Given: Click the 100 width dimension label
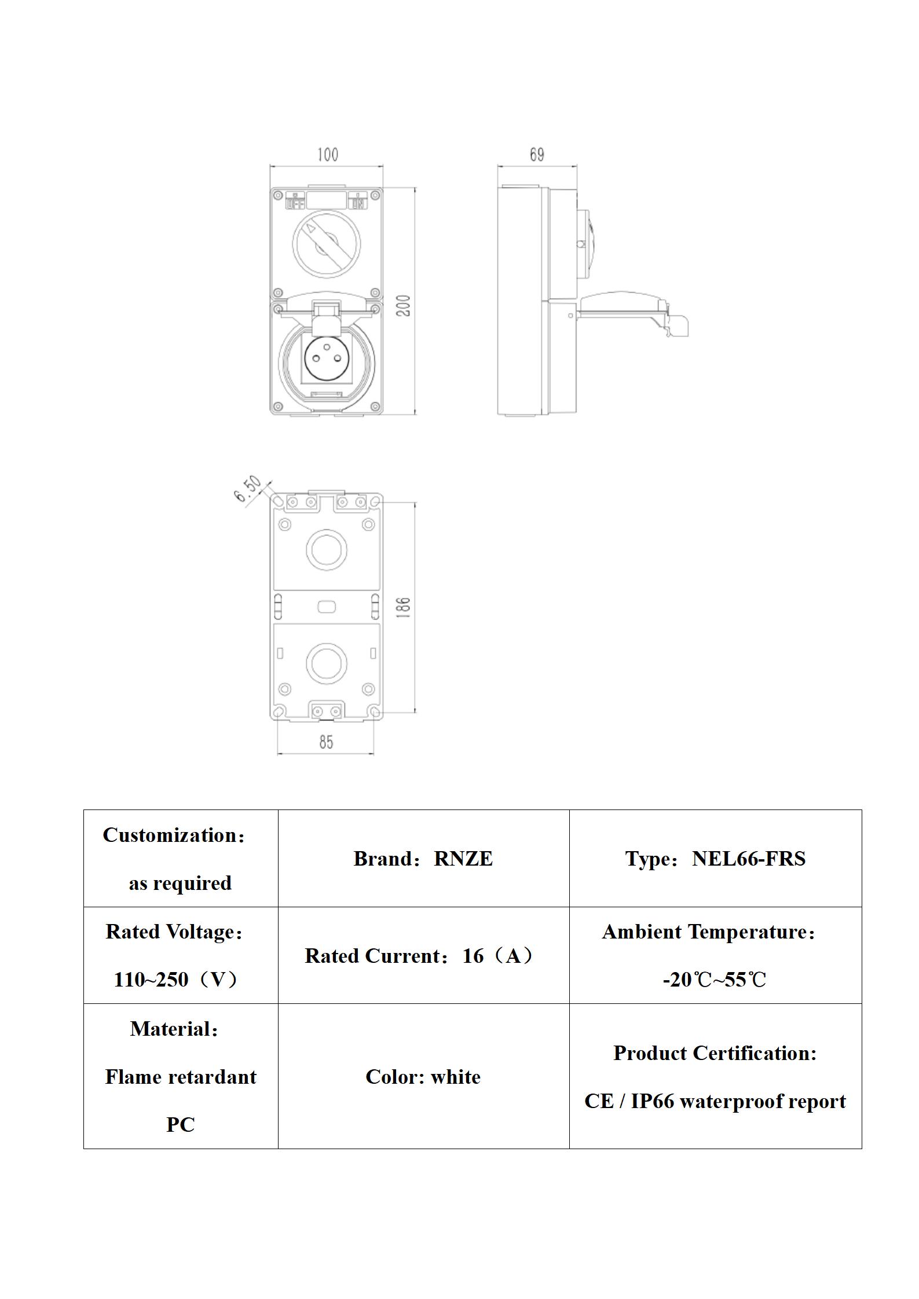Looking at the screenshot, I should click(327, 154).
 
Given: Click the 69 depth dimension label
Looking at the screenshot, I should click(537, 154).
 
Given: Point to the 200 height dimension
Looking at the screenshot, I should click(404, 305).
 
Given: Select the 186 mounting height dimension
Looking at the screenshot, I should click(404, 607).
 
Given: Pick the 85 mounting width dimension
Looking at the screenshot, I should click(326, 742).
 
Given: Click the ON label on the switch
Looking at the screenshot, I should click(358, 203).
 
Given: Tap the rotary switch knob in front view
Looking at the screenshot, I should click(326, 244).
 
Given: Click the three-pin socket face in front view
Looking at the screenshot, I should click(326, 359).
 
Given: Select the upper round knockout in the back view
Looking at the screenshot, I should click(326, 549).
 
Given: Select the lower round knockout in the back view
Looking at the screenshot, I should click(326, 663).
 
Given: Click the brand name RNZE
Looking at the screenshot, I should click(463, 859).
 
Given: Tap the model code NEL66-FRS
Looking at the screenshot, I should click(748, 859).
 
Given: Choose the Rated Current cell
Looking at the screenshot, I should click(423, 956).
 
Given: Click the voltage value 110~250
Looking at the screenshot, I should click(151, 980).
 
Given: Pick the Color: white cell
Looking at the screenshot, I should click(423, 1077).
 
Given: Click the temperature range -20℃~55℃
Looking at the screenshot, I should click(715, 980).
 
